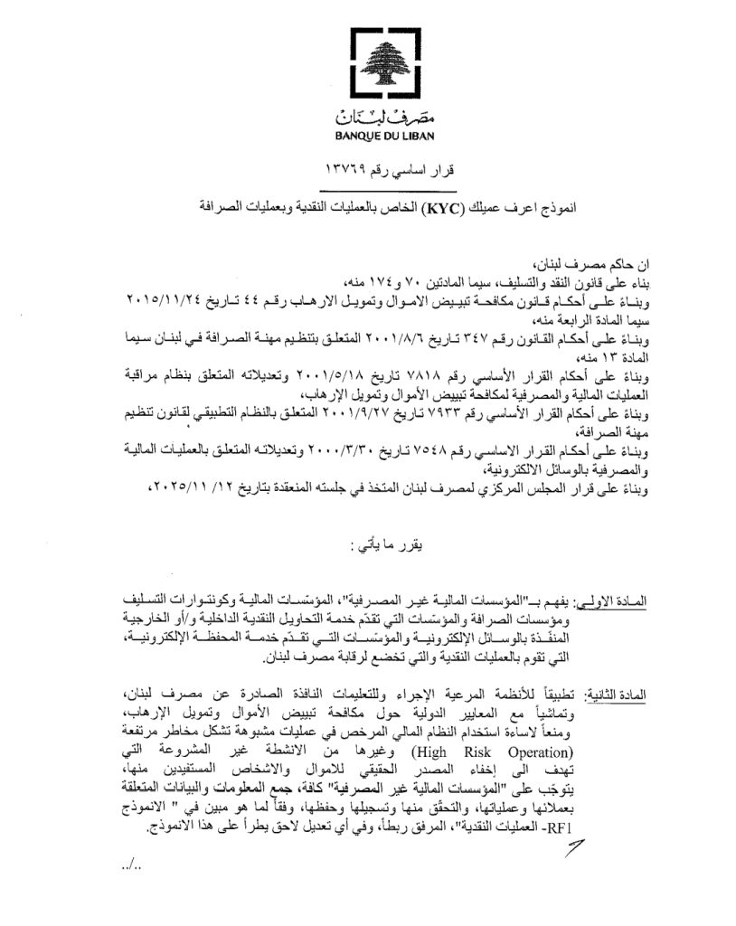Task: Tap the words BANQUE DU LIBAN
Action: point(368,137)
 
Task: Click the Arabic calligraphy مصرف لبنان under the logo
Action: point(368,117)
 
